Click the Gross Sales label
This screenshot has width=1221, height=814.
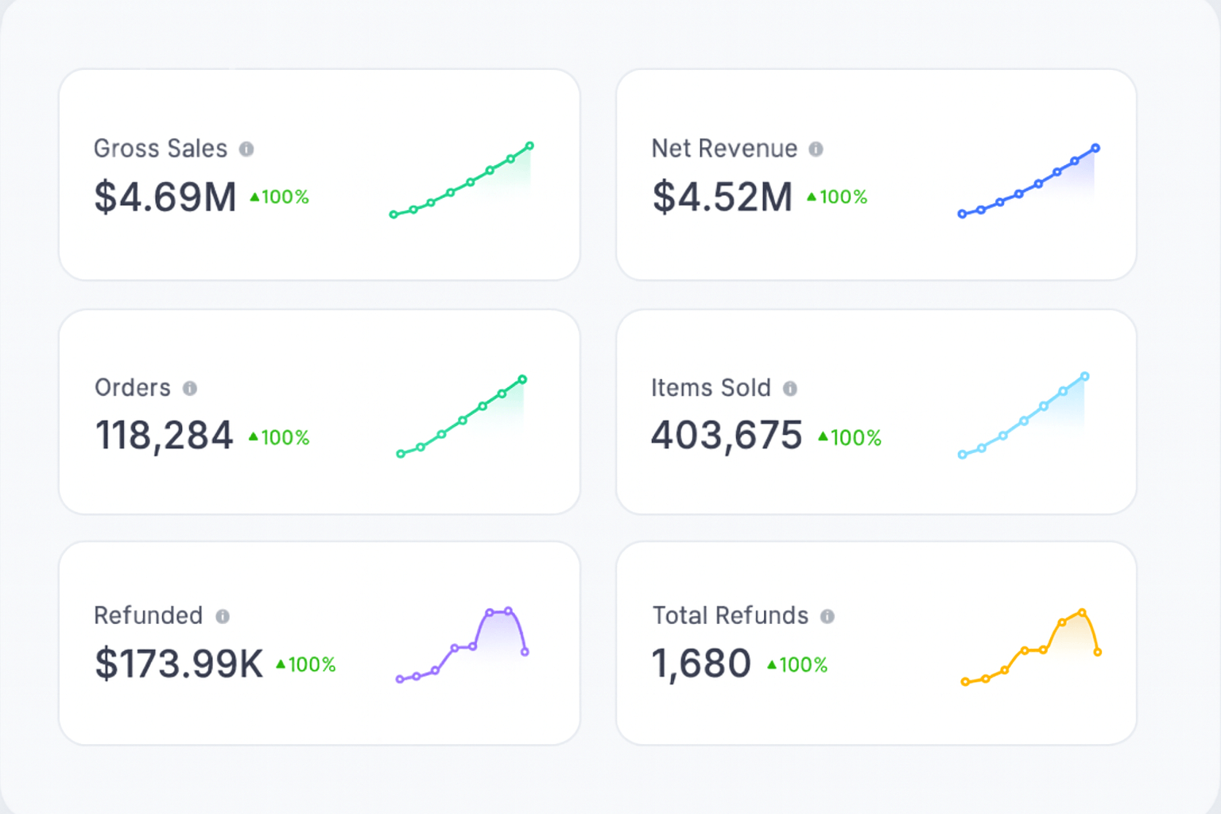click(161, 149)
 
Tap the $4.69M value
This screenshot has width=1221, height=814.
click(165, 197)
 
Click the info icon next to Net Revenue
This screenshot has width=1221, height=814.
click(816, 149)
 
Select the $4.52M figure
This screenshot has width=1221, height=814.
click(723, 197)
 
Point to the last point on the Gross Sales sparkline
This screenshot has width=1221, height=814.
click(529, 145)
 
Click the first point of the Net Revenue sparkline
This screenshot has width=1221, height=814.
click(962, 214)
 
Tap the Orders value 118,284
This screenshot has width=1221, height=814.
click(164, 436)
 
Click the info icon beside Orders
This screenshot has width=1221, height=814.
click(189, 388)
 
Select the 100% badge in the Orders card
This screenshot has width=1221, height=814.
click(279, 437)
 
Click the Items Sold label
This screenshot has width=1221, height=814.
click(711, 388)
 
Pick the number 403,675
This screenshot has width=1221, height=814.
click(727, 436)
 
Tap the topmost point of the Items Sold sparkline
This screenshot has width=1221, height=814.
click(1084, 376)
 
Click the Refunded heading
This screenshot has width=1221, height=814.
click(148, 615)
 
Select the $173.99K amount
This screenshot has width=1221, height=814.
click(178, 664)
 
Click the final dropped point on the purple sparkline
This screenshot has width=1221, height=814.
click(525, 652)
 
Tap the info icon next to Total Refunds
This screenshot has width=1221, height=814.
click(828, 616)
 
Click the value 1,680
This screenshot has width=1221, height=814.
click(701, 664)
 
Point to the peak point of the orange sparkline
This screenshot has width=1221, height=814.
click(1082, 613)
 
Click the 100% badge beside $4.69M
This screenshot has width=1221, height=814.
click(279, 197)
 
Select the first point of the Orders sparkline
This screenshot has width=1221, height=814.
click(401, 454)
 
